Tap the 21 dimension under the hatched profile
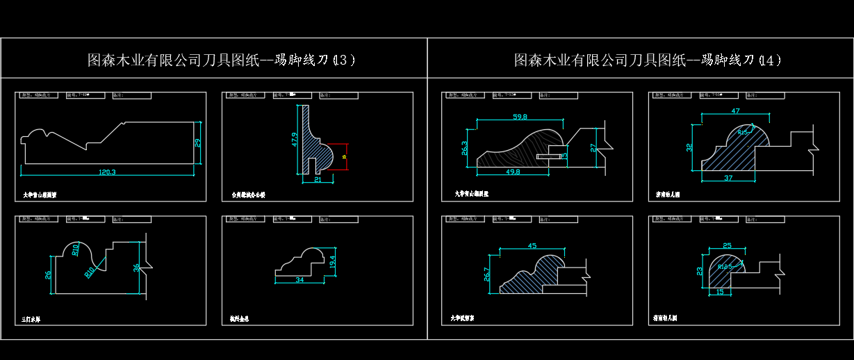tap(318, 180)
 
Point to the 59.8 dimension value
tap(519, 117)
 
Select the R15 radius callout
tap(744, 131)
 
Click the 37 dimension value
tap(728, 178)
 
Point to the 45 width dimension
tap(532, 246)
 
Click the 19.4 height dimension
tap(333, 262)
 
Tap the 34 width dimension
tap(299, 280)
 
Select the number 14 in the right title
tap(767, 60)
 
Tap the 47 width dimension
tap(735, 111)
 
